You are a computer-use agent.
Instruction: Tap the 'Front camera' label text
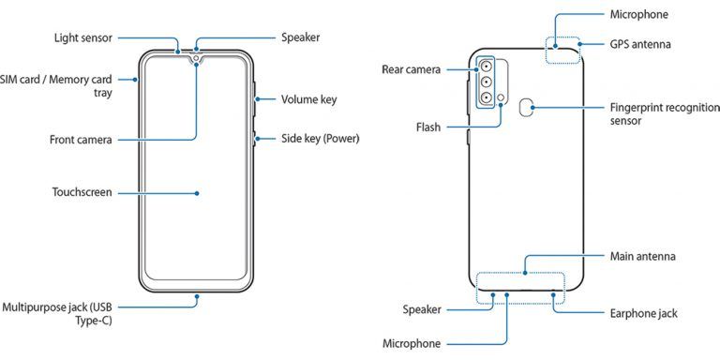click(81, 140)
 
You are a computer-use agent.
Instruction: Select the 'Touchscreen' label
click(82, 192)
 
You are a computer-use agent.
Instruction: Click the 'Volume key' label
click(308, 99)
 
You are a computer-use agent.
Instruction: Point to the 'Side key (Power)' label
click(320, 139)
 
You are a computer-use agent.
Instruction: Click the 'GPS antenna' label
click(640, 44)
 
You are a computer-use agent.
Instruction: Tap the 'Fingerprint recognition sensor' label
click(652, 114)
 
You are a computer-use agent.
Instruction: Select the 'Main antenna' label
click(642, 256)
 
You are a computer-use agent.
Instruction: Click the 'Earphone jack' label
click(643, 313)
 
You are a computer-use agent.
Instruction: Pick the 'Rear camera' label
click(412, 69)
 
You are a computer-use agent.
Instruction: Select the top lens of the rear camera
click(489, 67)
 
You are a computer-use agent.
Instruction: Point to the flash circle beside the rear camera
click(504, 97)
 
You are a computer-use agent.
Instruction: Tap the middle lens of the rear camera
click(489, 82)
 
